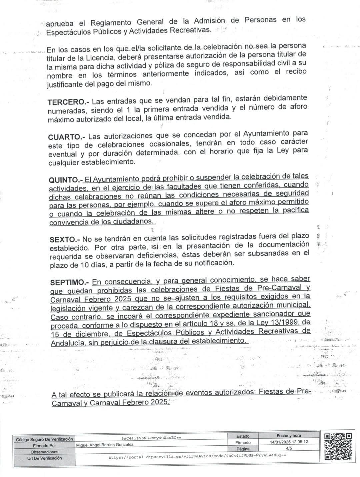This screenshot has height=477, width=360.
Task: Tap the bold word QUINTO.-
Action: coord(66,180)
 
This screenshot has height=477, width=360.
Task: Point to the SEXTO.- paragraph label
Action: coord(65,239)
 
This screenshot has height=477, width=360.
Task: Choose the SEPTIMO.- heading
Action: coord(69,282)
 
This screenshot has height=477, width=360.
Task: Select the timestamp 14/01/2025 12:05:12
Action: coord(289,442)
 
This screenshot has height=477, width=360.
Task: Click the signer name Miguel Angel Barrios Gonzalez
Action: coord(105,445)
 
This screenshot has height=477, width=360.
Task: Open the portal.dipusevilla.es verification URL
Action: coord(197,455)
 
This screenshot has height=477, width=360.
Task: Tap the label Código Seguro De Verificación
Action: coord(44,439)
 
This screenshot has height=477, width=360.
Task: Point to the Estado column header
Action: coord(243,436)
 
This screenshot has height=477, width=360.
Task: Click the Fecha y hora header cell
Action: coord(289,435)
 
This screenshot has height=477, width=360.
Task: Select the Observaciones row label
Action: coord(44,452)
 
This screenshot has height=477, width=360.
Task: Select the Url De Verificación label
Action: coord(44,458)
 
